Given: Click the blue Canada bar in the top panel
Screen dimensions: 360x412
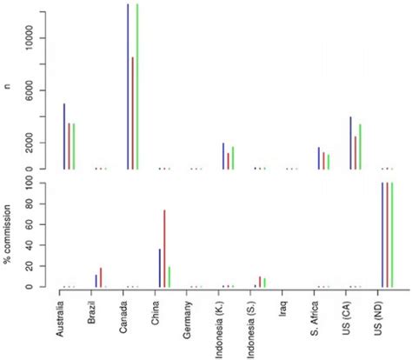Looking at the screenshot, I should click(x=128, y=87).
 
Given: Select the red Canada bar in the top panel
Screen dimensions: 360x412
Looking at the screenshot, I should click(x=132, y=113).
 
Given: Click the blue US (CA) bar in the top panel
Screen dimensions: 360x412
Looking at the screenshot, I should click(x=350, y=143).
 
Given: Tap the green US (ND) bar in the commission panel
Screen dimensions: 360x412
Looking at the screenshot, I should click(x=392, y=235).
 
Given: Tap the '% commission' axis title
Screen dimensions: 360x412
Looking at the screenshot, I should click(x=8, y=234).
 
